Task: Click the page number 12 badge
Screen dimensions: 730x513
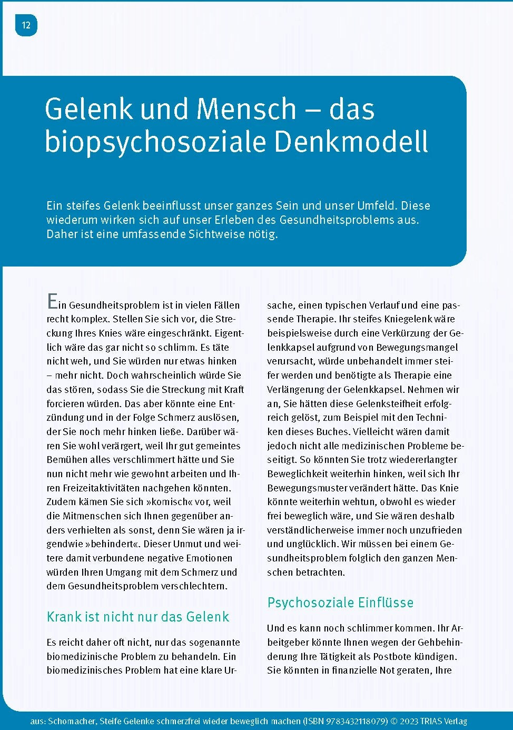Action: click(26, 25)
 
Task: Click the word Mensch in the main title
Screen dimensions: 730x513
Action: click(246, 109)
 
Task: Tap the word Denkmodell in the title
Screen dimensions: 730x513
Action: click(351, 141)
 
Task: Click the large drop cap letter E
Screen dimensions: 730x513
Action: click(52, 301)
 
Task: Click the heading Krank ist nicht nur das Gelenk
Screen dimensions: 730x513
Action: click(138, 617)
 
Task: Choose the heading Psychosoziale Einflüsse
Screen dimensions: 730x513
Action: click(340, 603)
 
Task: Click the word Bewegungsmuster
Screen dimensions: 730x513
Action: click(302, 488)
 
